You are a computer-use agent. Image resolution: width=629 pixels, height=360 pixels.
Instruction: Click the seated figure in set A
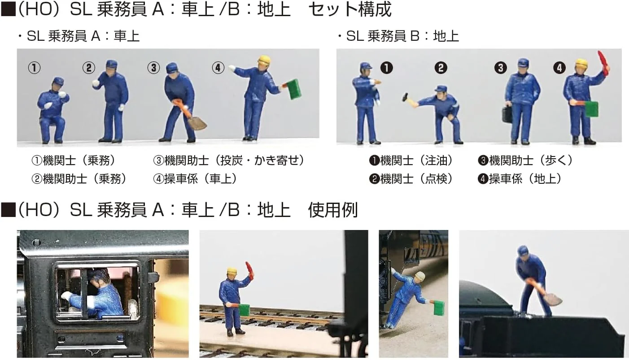[x=53, y=111]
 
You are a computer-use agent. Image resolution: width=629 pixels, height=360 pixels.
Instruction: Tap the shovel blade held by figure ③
[x=197, y=123]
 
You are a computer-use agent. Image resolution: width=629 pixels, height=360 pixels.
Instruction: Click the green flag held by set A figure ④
[x=293, y=89]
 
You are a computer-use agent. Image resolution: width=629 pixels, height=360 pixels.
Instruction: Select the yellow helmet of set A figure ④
[x=264, y=60]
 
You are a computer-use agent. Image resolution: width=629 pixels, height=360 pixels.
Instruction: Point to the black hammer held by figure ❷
[x=406, y=96]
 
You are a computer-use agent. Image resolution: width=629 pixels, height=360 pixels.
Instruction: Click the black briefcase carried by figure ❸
[x=507, y=114]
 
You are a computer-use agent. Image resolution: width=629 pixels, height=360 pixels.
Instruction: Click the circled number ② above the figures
[x=89, y=68]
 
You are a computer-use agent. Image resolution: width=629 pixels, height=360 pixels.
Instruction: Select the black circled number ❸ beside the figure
[x=500, y=68]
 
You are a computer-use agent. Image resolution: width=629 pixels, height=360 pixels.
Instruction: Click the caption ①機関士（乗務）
[x=74, y=160]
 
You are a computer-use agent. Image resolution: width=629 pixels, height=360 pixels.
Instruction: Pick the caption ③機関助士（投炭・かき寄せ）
[x=228, y=160]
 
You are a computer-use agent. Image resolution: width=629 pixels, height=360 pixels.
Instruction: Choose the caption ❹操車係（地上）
[x=520, y=179]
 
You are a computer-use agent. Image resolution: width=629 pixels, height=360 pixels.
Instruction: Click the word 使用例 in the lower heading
[x=333, y=210]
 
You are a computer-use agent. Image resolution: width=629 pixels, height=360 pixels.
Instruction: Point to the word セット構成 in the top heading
[x=350, y=9]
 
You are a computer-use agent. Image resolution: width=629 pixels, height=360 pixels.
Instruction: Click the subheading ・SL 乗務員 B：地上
[x=398, y=36]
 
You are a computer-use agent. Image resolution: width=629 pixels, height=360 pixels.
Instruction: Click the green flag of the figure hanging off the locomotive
[x=439, y=308]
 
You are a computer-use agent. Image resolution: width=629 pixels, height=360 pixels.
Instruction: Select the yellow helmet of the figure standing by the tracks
[x=232, y=271]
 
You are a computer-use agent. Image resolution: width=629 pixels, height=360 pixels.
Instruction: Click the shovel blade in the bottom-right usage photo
[x=553, y=299]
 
